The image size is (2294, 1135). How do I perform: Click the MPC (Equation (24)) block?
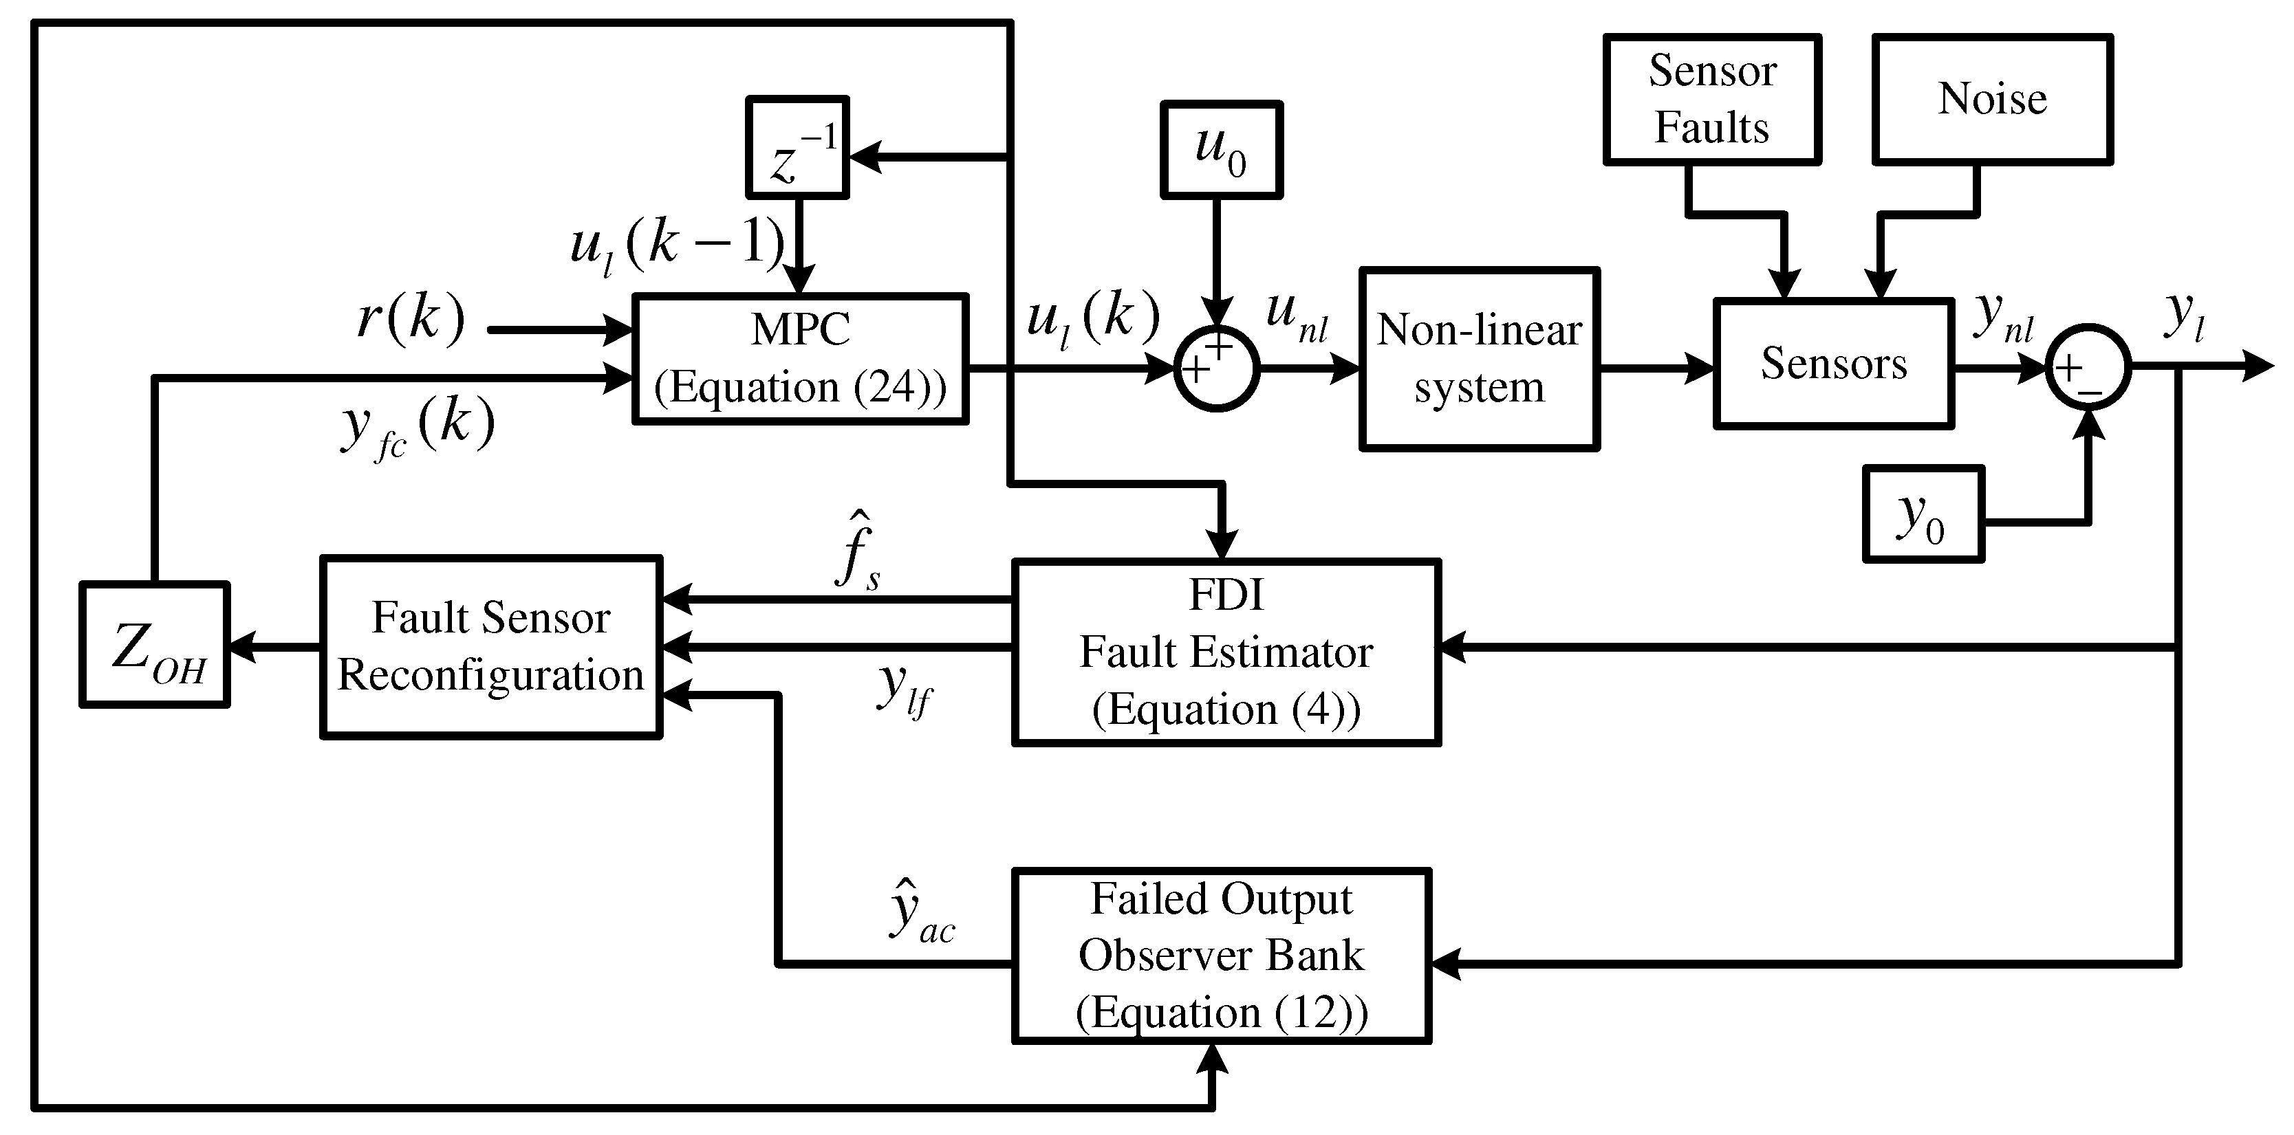click(x=800, y=359)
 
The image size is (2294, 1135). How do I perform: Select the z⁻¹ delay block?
click(x=797, y=147)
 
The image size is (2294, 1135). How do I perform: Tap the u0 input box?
click(x=1221, y=150)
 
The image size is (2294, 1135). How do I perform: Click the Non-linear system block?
click(x=1479, y=359)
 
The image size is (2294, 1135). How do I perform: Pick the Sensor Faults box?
click(x=1711, y=100)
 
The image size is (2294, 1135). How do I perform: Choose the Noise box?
click(x=1992, y=100)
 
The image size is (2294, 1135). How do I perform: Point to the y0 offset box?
click(x=1923, y=514)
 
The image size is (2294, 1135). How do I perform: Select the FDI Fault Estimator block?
click(x=1226, y=652)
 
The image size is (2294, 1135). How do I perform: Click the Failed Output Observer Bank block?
click(x=1221, y=955)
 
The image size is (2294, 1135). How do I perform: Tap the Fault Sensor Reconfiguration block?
click(x=490, y=647)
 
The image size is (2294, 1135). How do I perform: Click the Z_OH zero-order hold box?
click(x=155, y=646)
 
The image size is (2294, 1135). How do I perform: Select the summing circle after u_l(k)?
click(x=1216, y=368)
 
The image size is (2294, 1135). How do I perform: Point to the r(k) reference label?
click(x=411, y=318)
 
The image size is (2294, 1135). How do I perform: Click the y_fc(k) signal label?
click(x=417, y=428)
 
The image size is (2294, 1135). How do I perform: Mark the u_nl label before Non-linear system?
click(x=1296, y=319)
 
